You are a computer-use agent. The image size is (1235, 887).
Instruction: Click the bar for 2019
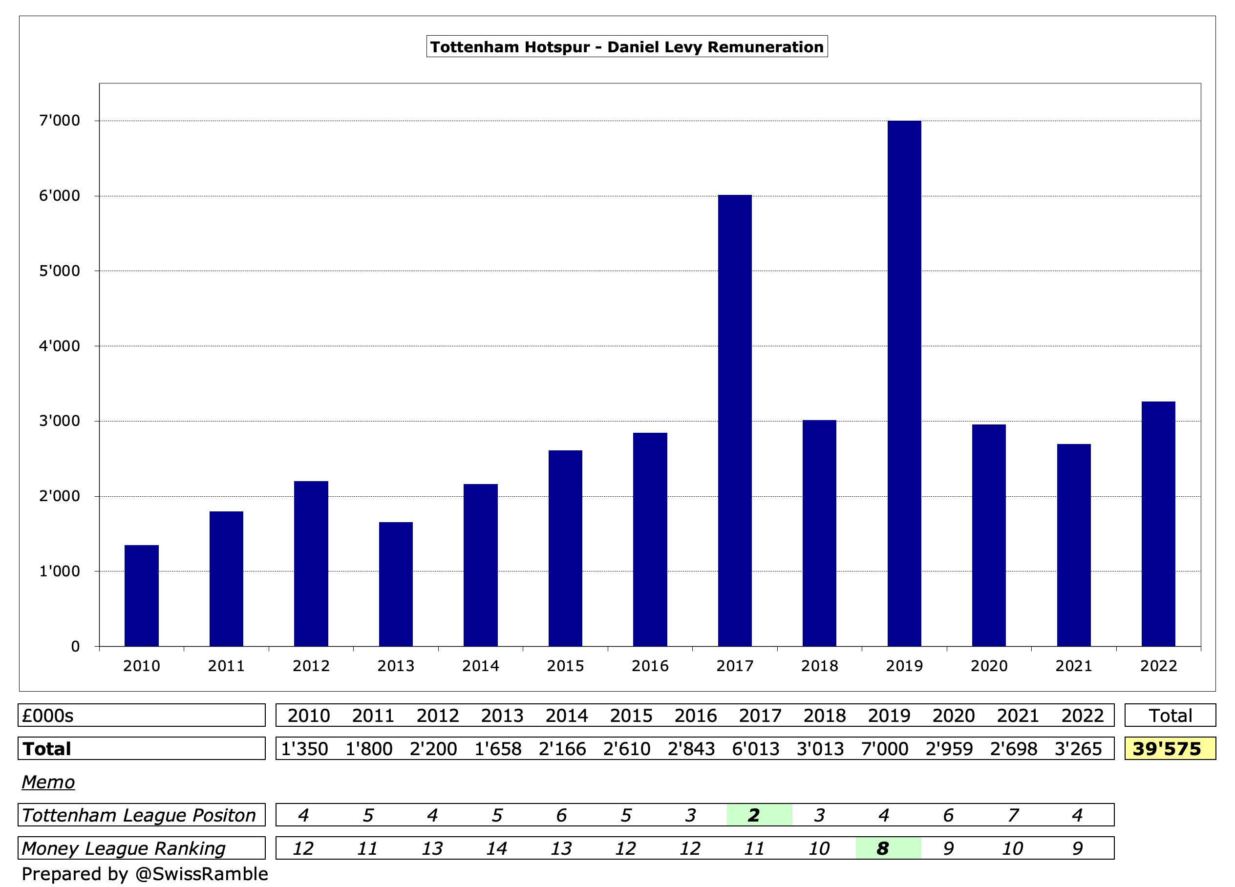coord(904,383)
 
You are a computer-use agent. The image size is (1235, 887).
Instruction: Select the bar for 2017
coord(735,421)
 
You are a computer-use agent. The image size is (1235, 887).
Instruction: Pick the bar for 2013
coord(396,584)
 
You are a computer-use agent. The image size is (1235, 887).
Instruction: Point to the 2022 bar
coord(1158,523)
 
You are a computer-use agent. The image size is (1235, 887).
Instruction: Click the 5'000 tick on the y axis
coord(59,271)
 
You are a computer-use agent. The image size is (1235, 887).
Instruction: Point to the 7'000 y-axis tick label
coord(59,121)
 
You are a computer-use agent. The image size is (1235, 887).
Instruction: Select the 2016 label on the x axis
coord(650,666)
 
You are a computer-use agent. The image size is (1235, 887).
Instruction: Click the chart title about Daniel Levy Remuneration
coord(627,47)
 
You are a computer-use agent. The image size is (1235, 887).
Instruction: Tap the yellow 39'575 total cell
coord(1170,749)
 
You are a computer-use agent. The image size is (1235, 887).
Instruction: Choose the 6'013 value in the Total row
coord(755,749)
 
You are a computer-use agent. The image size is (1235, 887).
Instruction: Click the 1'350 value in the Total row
coord(304,749)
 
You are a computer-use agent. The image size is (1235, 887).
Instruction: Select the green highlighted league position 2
coord(754,815)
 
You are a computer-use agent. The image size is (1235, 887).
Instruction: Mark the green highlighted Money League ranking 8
coord(883,848)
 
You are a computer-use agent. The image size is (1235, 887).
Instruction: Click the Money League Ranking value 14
coord(497,848)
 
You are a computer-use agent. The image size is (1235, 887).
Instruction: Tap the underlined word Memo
coord(48,782)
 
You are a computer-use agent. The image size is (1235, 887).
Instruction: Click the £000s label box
coord(142,716)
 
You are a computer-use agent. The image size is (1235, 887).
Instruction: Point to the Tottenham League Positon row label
coord(139,815)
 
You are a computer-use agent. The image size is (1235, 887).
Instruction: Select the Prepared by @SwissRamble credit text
coord(145,874)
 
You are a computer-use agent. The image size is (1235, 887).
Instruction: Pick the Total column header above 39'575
coord(1170,716)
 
